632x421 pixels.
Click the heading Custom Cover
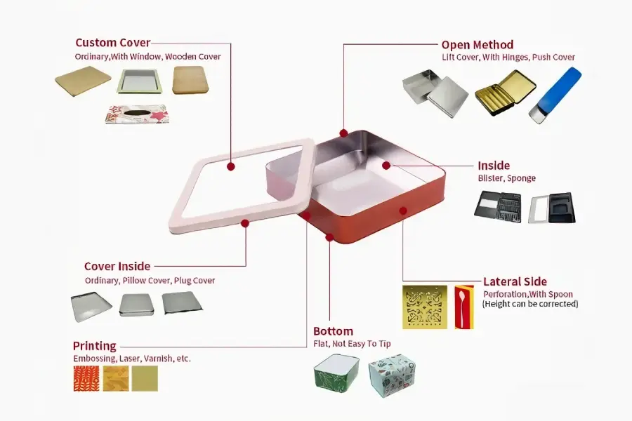(x=113, y=43)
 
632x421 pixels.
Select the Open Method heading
(x=478, y=45)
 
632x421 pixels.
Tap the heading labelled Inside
(x=494, y=166)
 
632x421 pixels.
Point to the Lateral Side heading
(x=515, y=281)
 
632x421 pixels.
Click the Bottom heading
(x=334, y=331)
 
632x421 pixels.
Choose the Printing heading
(x=94, y=346)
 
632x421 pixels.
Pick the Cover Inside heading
(x=117, y=267)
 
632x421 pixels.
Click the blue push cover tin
(x=555, y=95)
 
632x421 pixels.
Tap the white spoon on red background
(x=464, y=307)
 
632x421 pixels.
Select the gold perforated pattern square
(x=425, y=307)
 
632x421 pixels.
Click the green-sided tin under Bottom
(x=336, y=375)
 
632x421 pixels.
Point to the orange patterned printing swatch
(x=86, y=378)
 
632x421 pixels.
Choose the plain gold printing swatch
(x=145, y=378)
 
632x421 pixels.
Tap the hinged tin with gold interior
(x=505, y=93)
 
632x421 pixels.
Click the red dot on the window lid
(x=230, y=166)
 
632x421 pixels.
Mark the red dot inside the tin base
(x=386, y=165)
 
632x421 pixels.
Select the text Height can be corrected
(x=530, y=304)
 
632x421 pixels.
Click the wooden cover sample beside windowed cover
(x=191, y=80)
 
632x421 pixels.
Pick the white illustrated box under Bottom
(x=393, y=375)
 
